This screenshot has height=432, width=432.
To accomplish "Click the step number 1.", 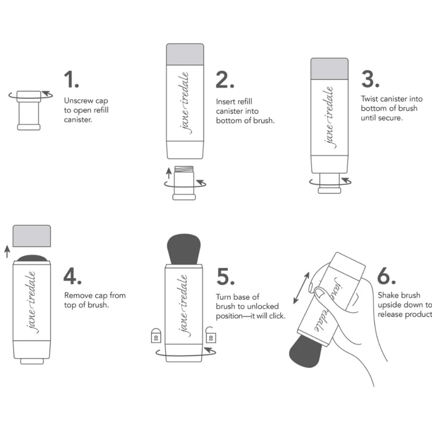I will click(71, 80).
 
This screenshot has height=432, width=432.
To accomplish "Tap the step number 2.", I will click(225, 80).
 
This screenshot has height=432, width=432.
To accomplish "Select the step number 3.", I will click(370, 79).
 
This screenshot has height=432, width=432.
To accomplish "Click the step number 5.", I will click(225, 276).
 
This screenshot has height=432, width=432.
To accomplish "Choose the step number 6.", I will click(386, 276).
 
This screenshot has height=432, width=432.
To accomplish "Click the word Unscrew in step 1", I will click(78, 101).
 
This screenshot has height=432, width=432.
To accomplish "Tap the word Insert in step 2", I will click(225, 102).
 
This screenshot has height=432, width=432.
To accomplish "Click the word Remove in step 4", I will click(78, 296).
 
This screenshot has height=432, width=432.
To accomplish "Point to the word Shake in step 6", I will click(388, 295).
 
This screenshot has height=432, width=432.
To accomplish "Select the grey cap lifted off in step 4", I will click(32, 236).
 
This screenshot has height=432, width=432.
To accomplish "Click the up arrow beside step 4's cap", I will click(6, 251).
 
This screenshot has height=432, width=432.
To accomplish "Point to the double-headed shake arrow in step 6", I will click(301, 288).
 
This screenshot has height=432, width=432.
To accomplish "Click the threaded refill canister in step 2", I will click(184, 182).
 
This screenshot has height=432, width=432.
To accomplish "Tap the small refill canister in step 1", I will click(29, 110).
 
